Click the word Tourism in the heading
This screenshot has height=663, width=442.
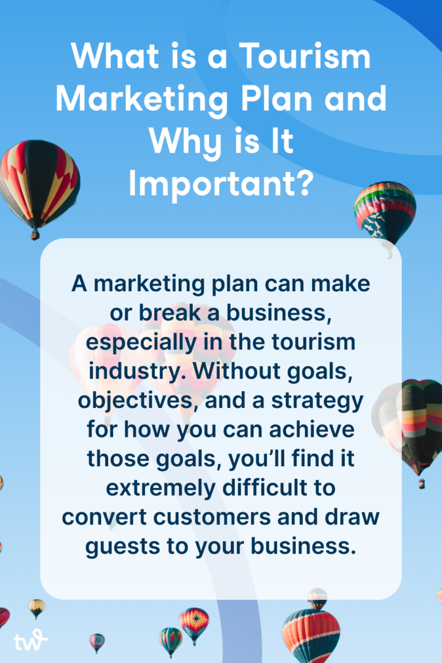click(305, 56)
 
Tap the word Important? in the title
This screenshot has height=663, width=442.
click(220, 184)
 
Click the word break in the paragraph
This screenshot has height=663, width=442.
click(157, 314)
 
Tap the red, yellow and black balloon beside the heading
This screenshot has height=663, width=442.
click(38, 182)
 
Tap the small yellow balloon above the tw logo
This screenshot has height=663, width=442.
click(37, 607)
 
